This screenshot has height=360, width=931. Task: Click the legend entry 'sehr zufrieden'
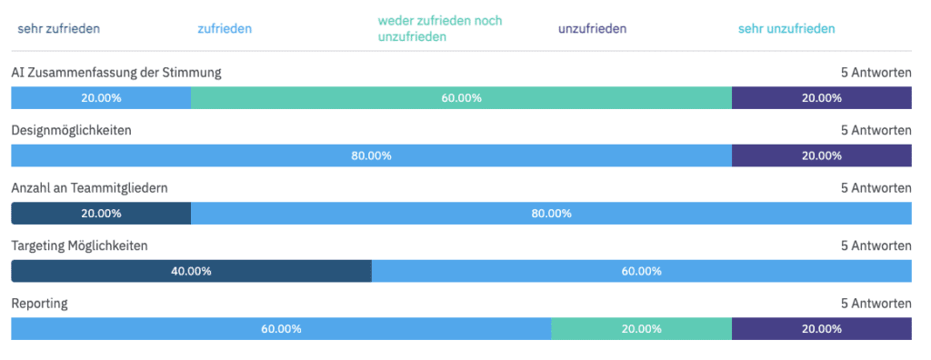pyautogui.click(x=58, y=29)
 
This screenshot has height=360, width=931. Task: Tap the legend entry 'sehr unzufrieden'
pyautogui.click(x=786, y=29)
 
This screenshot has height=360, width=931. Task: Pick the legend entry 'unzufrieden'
pyautogui.click(x=592, y=29)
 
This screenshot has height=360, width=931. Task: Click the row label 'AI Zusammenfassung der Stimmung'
pyautogui.click(x=115, y=72)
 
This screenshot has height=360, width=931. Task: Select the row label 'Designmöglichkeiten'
pyautogui.click(x=71, y=130)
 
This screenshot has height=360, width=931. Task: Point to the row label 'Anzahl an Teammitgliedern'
pyautogui.click(x=89, y=187)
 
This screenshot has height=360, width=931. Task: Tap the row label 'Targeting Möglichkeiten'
pyautogui.click(x=79, y=245)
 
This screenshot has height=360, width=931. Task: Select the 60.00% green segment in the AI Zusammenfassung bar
pyautogui.click(x=461, y=98)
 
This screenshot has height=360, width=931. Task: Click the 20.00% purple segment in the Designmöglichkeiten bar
pyautogui.click(x=821, y=155)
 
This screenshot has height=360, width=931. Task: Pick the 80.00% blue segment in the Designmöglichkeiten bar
pyautogui.click(x=371, y=155)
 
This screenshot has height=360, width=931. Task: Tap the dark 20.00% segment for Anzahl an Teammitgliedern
pyautogui.click(x=101, y=214)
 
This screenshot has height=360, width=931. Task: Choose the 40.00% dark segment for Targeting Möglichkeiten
pyautogui.click(x=191, y=271)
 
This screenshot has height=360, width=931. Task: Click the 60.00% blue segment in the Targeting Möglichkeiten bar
pyautogui.click(x=641, y=271)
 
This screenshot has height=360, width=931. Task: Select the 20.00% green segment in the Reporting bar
pyautogui.click(x=641, y=329)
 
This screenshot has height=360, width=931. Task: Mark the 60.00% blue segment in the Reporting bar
pyautogui.click(x=281, y=329)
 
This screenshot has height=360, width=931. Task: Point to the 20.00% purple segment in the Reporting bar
pyautogui.click(x=821, y=329)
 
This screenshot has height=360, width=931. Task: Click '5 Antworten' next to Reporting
pyautogui.click(x=876, y=303)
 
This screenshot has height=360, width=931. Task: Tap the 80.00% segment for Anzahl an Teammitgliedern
pyautogui.click(x=551, y=214)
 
